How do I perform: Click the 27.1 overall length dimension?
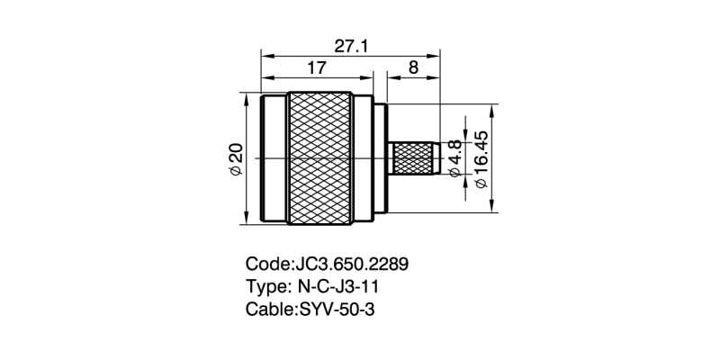pos(351,45)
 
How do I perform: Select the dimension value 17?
pos(317,68)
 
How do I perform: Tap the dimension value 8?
pos(413,68)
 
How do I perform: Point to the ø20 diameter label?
pos(236,158)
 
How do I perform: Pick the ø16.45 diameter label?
pos(481,158)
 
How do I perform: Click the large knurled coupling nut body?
pos(320,158)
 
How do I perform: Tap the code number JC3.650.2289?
pos(352,265)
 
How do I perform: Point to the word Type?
pos(266,287)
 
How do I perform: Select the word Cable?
pos(268,309)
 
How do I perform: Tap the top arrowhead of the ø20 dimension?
pos(247,94)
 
